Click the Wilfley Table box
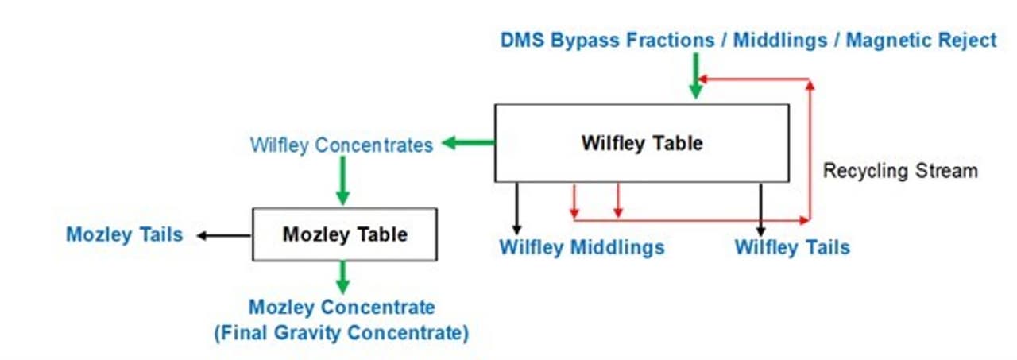pos(642,143)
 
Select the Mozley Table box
pos(344,234)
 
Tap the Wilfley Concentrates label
pos(342,145)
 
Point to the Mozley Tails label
pos(124,234)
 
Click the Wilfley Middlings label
pos(582,247)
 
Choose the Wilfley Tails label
pos(791,247)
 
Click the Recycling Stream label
pos(899,171)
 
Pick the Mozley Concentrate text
pos(342,307)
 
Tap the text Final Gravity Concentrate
pos(342,332)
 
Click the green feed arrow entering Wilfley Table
pos(695,77)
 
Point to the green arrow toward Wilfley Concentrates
pos(468,143)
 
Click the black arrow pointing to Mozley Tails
pos(225,235)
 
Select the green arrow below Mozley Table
pos(343,277)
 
